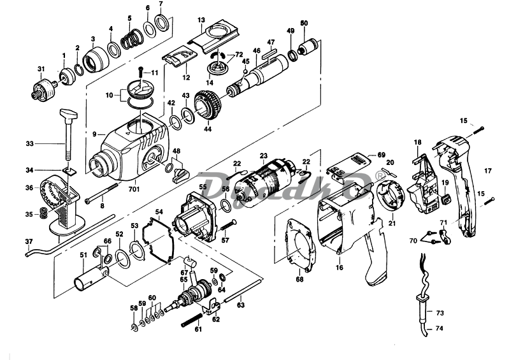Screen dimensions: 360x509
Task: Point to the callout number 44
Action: [x=207, y=129]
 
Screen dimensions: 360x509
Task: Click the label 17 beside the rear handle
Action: [x=489, y=171]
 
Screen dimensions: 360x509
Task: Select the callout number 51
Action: [x=83, y=256]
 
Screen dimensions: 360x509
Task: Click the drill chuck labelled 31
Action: [x=44, y=87]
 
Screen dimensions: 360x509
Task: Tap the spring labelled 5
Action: [x=133, y=40]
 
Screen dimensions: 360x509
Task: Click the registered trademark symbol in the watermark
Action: [x=380, y=173]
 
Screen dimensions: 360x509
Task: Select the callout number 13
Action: [x=201, y=20]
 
